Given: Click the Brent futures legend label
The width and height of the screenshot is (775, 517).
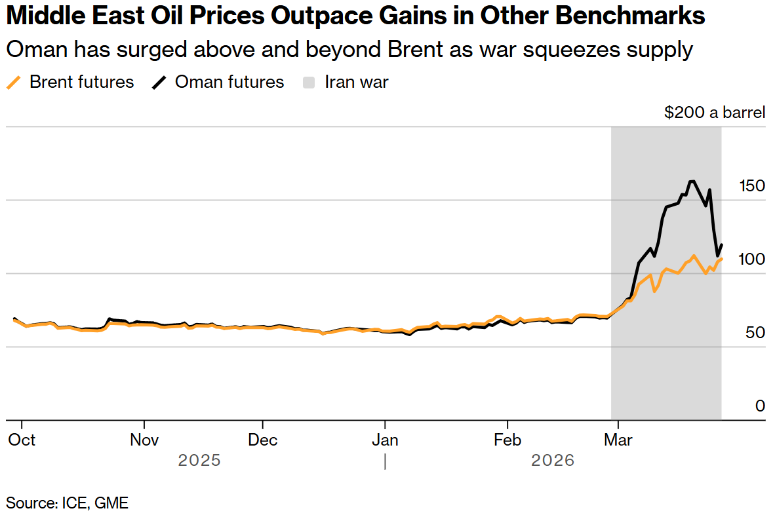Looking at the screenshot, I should [x=82, y=82].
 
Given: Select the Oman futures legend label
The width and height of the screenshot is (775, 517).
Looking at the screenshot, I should [x=229, y=82].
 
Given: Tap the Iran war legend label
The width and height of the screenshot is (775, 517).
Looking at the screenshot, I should [x=357, y=82].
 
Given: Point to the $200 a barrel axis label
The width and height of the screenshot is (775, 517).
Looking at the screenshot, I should [x=714, y=113].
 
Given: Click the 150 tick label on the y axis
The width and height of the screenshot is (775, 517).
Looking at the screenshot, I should [x=751, y=186].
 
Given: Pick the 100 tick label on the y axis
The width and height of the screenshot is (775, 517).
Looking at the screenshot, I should [x=751, y=259].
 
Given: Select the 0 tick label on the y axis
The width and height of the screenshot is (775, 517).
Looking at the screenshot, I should [x=760, y=406].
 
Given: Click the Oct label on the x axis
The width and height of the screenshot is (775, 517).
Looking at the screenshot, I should [x=22, y=440].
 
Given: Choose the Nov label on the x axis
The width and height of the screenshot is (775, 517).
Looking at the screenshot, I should [x=144, y=440].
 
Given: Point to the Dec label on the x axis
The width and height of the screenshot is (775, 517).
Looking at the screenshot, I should [x=262, y=440].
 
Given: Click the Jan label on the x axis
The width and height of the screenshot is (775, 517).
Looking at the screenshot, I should [x=385, y=440].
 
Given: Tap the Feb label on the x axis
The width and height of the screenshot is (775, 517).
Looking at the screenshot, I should [x=507, y=440].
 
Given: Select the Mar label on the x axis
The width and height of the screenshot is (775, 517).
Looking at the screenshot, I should [x=618, y=440].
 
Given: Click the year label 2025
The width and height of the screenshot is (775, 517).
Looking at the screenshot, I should [x=199, y=461].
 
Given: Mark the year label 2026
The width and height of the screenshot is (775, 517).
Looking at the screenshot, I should [x=553, y=461].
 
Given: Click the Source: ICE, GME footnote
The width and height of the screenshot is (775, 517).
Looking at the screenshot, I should [x=68, y=503].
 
